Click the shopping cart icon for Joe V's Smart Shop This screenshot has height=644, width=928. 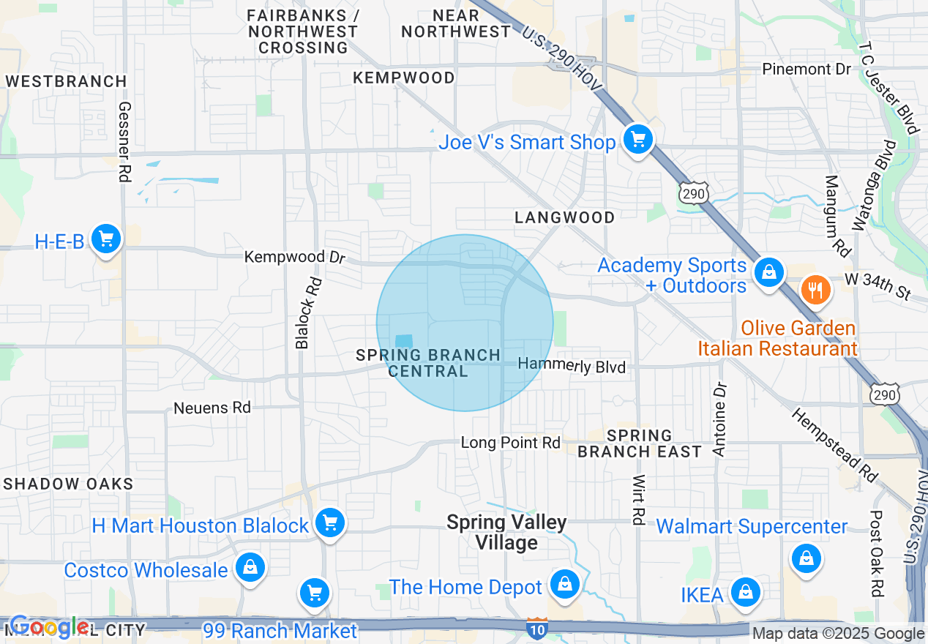[x=637, y=138]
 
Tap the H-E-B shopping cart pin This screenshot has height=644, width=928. [x=106, y=239]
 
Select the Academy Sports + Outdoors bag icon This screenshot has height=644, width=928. [x=768, y=272]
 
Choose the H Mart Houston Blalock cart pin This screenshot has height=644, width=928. [x=330, y=523]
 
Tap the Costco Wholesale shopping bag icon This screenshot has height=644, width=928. [x=250, y=567]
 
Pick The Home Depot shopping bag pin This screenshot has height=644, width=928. [x=564, y=584]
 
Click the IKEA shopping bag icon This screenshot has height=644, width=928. [x=745, y=591]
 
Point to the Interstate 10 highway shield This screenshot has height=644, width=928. [x=536, y=629]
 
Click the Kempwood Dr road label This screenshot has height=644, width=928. [x=294, y=257]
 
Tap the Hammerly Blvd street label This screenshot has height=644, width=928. [x=572, y=366]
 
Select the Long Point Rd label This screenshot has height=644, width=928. [x=510, y=443]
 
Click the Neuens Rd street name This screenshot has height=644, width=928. [x=212, y=408]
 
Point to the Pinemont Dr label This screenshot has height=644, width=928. [x=807, y=69]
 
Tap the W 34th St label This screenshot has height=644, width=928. [x=878, y=285]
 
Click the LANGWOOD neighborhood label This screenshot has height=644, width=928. [x=564, y=217]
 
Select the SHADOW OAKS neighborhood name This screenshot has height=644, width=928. [x=69, y=484]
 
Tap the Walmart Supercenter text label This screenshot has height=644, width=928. [x=752, y=526]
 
